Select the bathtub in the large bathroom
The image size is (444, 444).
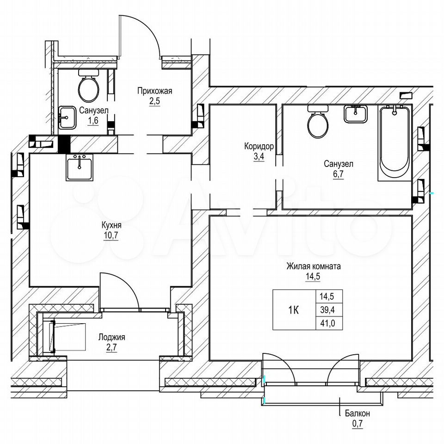[x=395, y=142]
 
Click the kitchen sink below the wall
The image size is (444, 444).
[x=80, y=167]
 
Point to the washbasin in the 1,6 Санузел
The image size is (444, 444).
[x=68, y=117]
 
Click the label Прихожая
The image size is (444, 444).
[x=154, y=91]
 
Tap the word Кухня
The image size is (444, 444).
[x=111, y=225]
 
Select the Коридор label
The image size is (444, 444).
[x=259, y=147]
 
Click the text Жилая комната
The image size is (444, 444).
[x=314, y=266]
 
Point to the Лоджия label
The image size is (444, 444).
[x=111, y=338]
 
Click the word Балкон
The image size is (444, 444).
[x=358, y=413]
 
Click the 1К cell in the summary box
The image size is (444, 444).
[x=294, y=310]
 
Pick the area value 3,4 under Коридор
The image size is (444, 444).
[x=259, y=156]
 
